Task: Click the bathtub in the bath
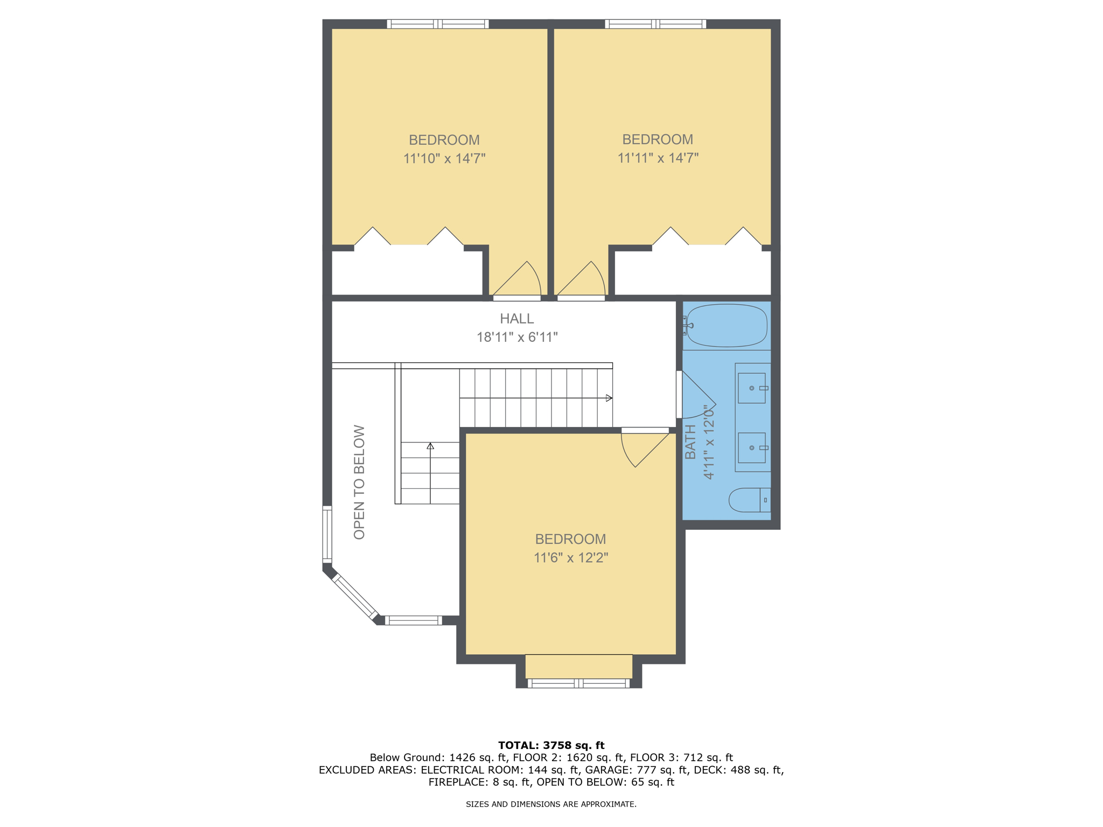[727, 326]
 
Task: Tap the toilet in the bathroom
[749, 500]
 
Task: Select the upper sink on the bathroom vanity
[752, 388]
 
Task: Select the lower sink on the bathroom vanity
[752, 447]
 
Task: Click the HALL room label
[516, 319]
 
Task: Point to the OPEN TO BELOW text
[359, 482]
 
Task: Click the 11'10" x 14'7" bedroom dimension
[444, 159]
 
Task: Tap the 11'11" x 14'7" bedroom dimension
[658, 158]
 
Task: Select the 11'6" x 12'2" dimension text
[570, 558]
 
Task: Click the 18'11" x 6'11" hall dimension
[516, 338]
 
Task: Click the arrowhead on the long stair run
[609, 398]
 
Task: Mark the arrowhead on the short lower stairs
[430, 446]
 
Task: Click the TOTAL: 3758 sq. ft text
[551, 746]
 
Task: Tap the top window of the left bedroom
[438, 24]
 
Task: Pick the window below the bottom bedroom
[578, 684]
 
